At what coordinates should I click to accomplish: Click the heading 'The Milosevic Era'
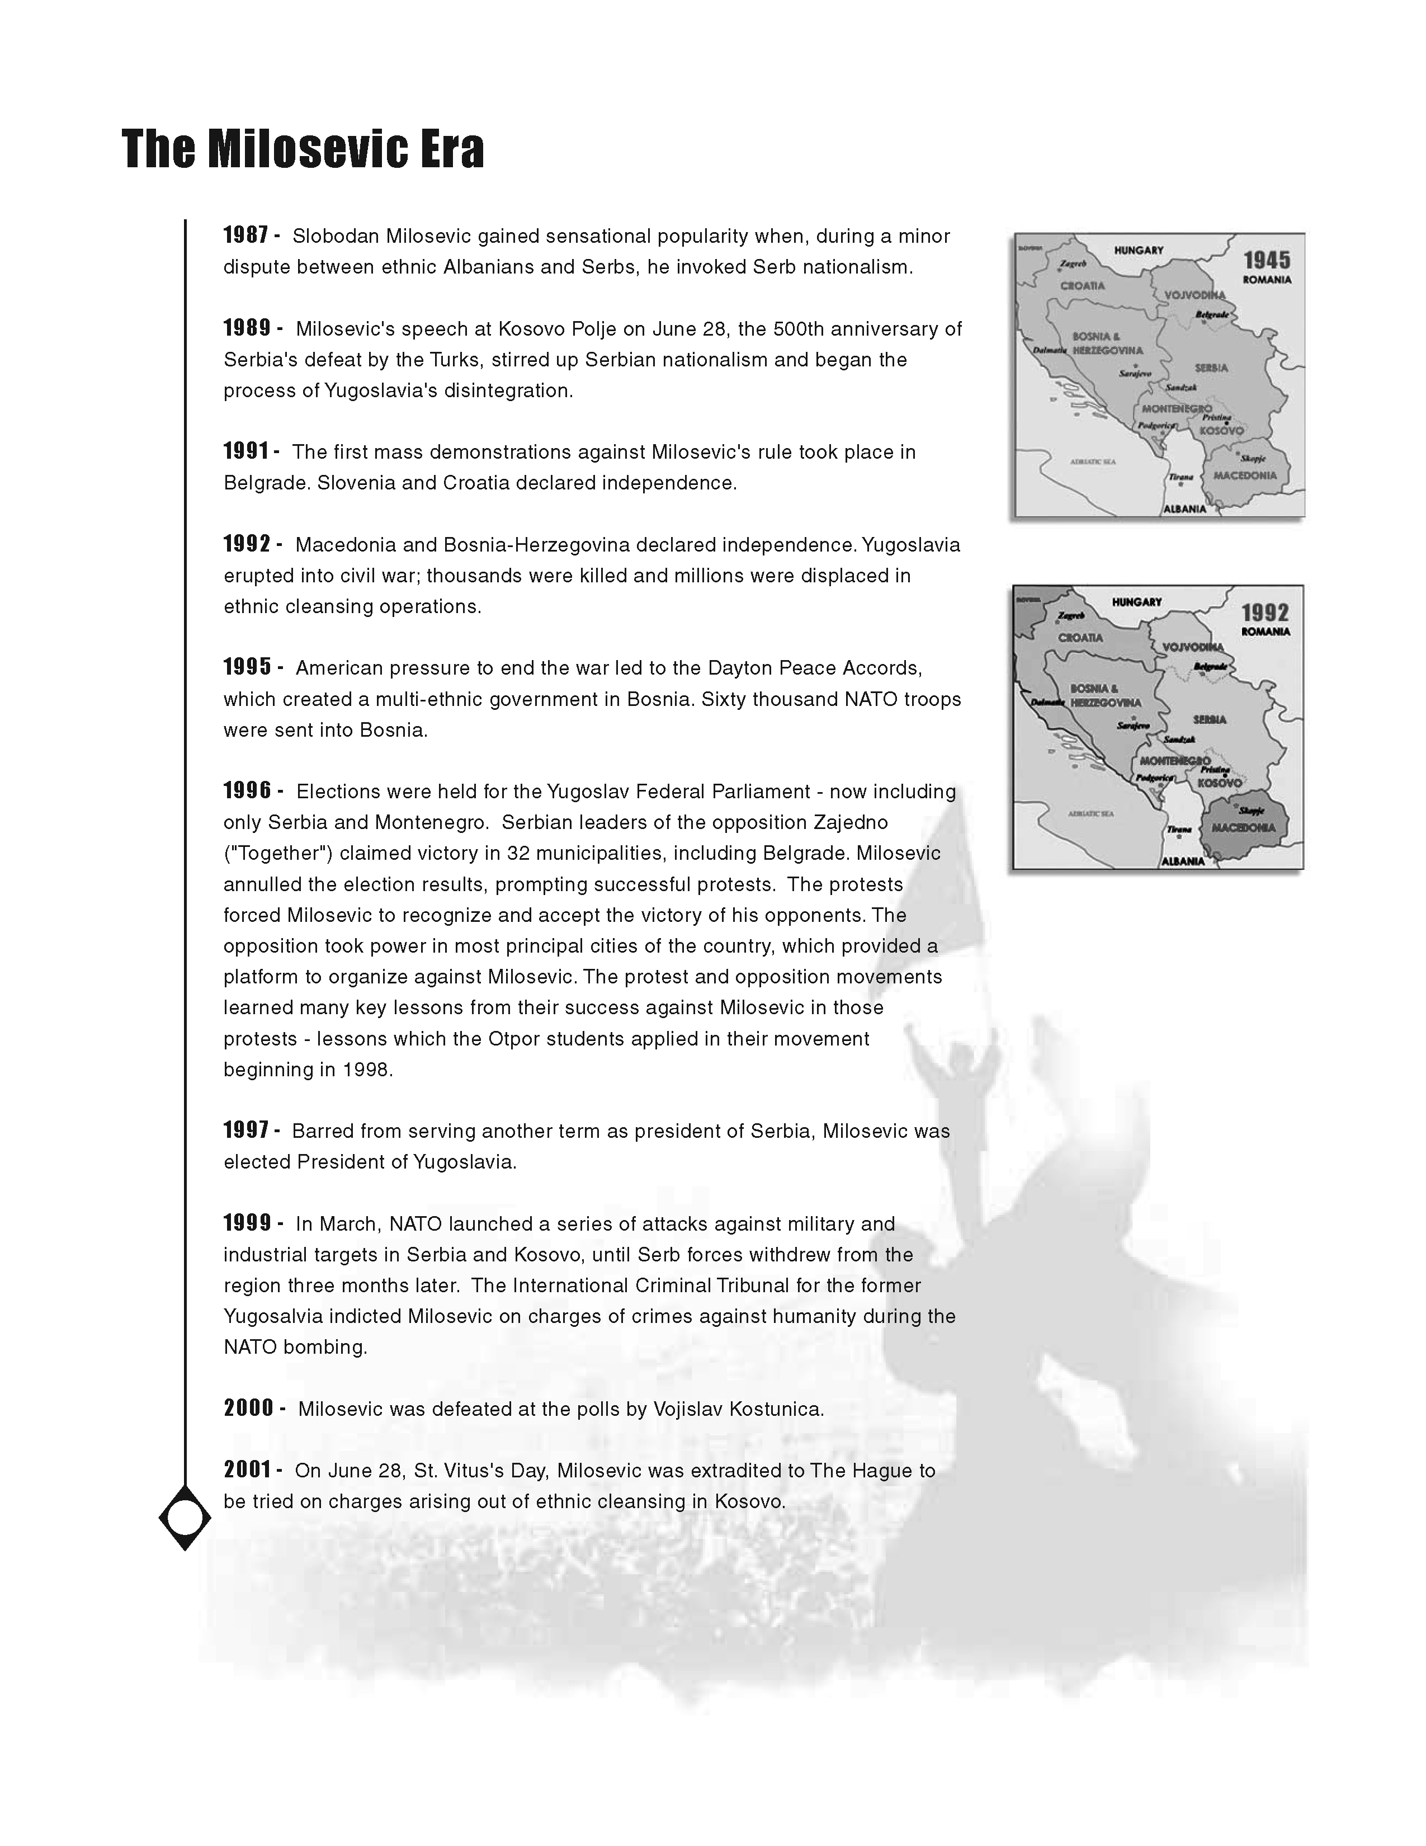pos(303,149)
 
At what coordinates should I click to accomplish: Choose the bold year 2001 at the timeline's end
pos(248,1470)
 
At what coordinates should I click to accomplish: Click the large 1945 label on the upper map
pos(1266,260)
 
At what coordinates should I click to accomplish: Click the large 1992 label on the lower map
pos(1264,613)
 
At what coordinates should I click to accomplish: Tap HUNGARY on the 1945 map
pos(1138,250)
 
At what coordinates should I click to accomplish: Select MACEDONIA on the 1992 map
pos(1244,827)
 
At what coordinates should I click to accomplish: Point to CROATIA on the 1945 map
pos(1082,286)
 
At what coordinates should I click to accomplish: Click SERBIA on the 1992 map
pos(1210,719)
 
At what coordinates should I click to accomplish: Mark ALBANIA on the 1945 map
pos(1184,509)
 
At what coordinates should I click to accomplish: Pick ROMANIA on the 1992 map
pos(1266,632)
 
